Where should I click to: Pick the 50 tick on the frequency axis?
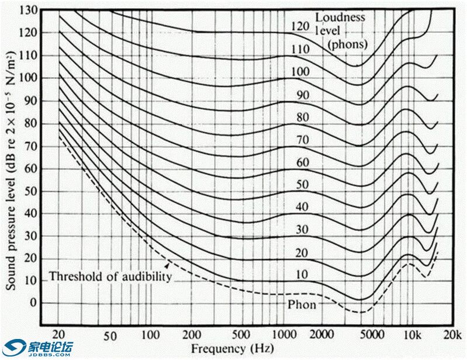(109, 335)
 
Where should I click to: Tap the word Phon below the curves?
(302, 305)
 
